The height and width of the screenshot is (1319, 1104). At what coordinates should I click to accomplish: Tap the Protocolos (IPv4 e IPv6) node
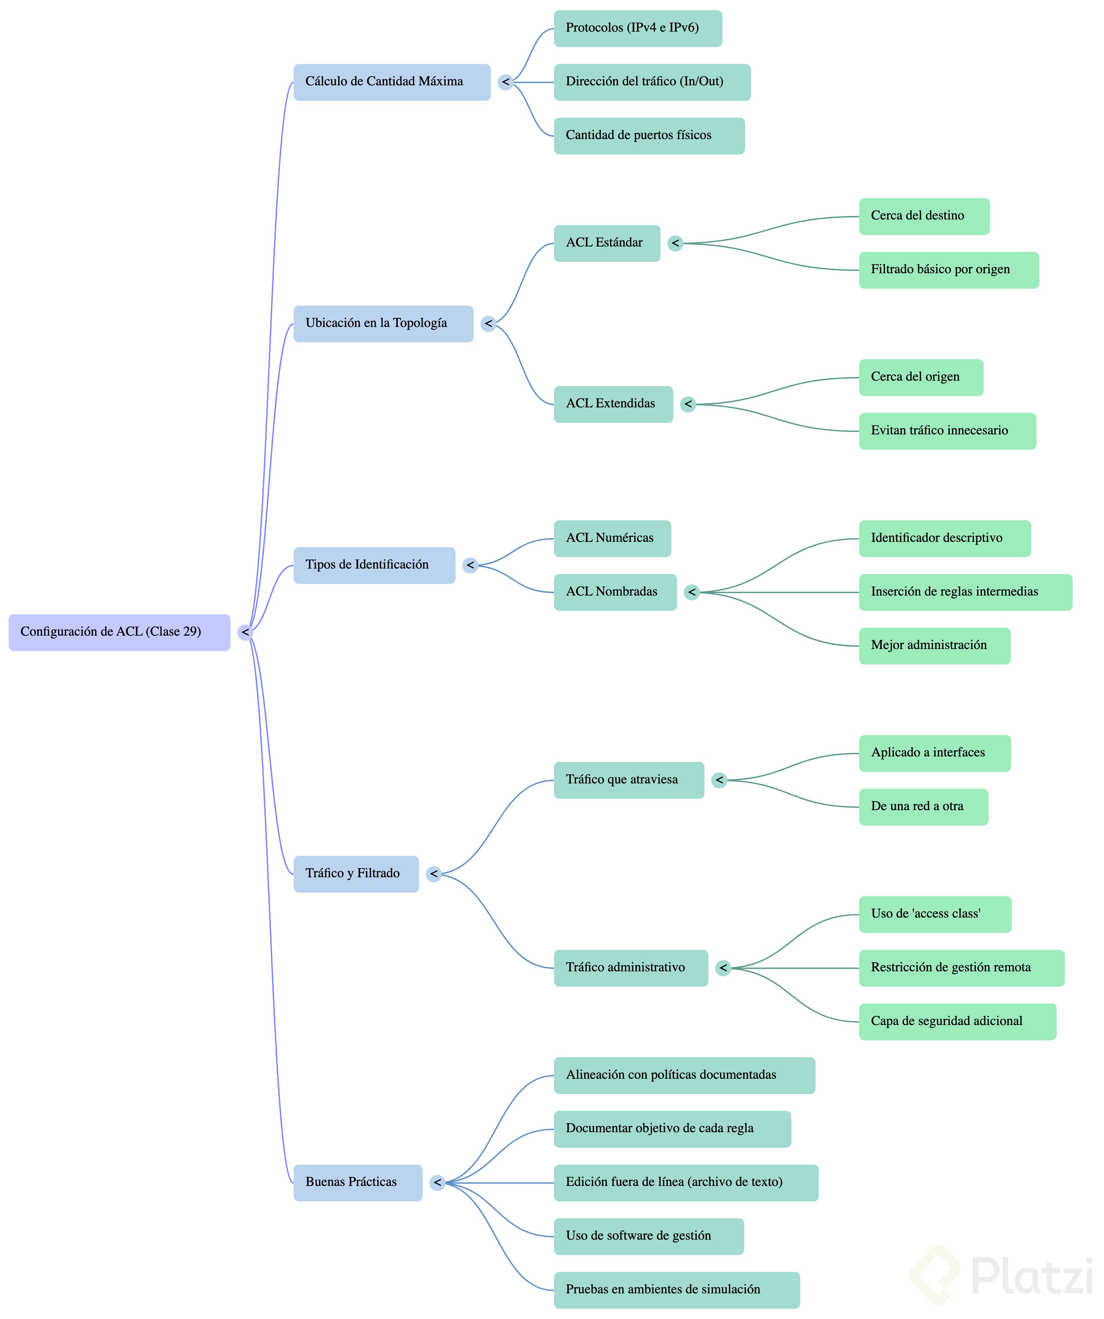pyautogui.click(x=638, y=28)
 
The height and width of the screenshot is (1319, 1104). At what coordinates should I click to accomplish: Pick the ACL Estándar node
pyautogui.click(x=607, y=243)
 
